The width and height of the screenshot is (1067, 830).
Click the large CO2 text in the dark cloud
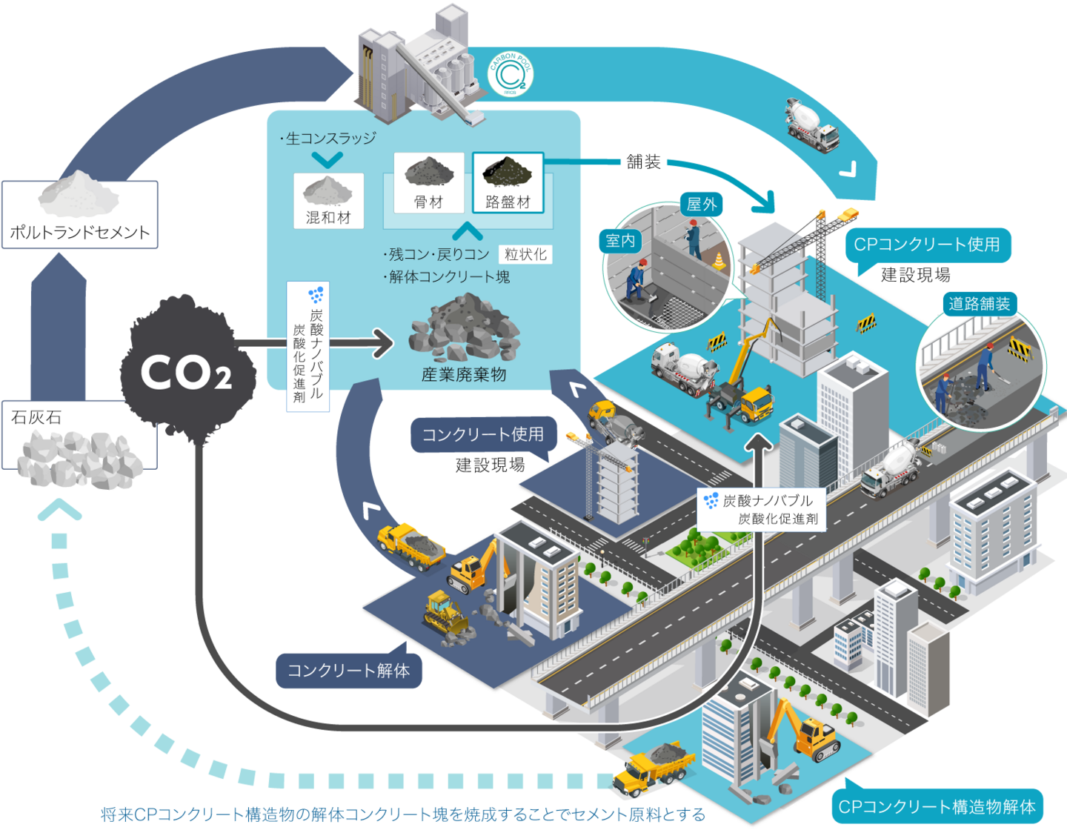coord(186,372)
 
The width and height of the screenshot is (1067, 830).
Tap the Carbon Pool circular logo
coord(511,75)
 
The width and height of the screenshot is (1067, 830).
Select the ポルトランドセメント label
coord(80,232)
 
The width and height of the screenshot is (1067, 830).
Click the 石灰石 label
coord(36,417)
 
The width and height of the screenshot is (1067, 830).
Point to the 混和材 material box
coord(328,200)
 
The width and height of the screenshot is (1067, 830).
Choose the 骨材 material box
coord(429,182)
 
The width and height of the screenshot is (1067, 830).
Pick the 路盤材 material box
coord(508,182)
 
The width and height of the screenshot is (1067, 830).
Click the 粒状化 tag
coord(525,254)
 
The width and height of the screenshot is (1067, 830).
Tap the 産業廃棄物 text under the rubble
coord(464,374)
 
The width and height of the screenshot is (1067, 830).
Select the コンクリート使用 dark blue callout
coord(483,434)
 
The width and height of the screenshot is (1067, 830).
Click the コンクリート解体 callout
coord(348,671)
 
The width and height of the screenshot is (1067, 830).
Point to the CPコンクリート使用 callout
coord(927,245)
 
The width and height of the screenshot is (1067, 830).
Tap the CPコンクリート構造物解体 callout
coord(937,806)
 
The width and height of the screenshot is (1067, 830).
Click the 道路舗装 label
coord(979,303)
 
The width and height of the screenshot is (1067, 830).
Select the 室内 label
coord(620,240)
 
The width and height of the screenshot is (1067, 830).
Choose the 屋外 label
coord(702,204)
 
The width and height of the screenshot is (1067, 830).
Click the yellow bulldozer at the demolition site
coord(446,612)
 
